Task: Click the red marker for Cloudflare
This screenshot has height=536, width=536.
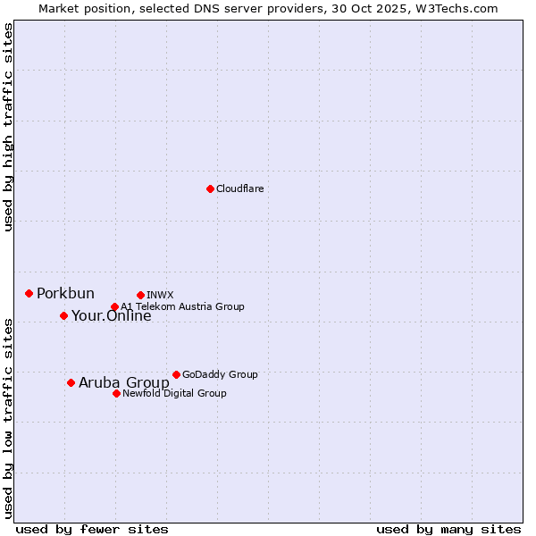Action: pyautogui.click(x=210, y=188)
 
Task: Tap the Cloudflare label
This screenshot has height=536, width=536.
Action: pyautogui.click(x=239, y=189)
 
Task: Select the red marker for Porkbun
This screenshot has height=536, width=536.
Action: pyautogui.click(x=29, y=293)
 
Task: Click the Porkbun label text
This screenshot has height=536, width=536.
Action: pyautogui.click(x=65, y=294)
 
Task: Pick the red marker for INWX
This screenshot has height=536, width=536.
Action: pyautogui.click(x=140, y=295)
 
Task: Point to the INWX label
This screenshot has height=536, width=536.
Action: pyautogui.click(x=160, y=295)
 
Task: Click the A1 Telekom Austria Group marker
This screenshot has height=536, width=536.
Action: pyautogui.click(x=114, y=306)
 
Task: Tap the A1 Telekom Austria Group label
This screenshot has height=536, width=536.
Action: pyautogui.click(x=182, y=306)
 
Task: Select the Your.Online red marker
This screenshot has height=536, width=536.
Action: pyautogui.click(x=63, y=315)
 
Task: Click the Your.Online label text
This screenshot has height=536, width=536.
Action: pyautogui.click(x=111, y=316)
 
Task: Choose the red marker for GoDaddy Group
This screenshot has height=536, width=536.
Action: pyautogui.click(x=176, y=374)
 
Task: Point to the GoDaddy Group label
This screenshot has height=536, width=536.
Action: pyautogui.click(x=219, y=375)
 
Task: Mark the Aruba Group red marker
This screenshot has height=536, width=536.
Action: pyautogui.click(x=71, y=382)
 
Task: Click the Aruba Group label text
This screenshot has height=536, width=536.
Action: pyautogui.click(x=123, y=383)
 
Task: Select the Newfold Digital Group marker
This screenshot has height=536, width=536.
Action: pyautogui.click(x=116, y=393)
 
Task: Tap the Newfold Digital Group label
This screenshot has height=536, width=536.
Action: pyautogui.click(x=174, y=393)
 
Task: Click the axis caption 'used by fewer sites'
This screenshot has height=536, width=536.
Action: pyautogui.click(x=92, y=529)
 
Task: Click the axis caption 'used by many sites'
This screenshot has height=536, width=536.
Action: pyautogui.click(x=448, y=529)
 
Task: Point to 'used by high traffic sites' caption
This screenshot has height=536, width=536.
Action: pyautogui.click(x=9, y=127)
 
